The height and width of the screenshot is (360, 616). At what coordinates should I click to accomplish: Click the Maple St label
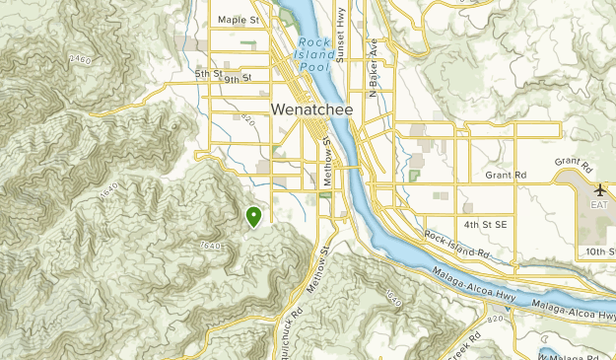tap(239, 19)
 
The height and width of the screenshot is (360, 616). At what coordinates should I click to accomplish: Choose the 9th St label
tap(238, 78)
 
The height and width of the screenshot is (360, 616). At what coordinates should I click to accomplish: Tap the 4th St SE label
tap(487, 225)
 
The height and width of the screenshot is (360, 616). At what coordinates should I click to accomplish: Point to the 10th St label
tap(598, 252)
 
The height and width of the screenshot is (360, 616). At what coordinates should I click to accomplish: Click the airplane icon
tap(600, 188)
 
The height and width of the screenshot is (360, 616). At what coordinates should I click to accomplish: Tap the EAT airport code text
tap(600, 205)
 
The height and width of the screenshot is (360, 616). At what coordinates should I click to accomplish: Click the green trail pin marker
tap(253, 216)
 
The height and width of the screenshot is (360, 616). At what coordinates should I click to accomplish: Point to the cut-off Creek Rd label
tap(461, 350)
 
